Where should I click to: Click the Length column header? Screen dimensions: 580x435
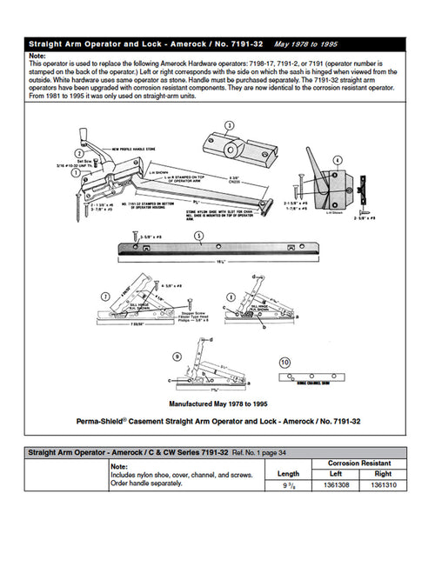(x=287, y=473)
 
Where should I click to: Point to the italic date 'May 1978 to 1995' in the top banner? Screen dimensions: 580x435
(x=306, y=42)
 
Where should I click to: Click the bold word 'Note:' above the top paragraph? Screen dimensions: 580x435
(x=38, y=55)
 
